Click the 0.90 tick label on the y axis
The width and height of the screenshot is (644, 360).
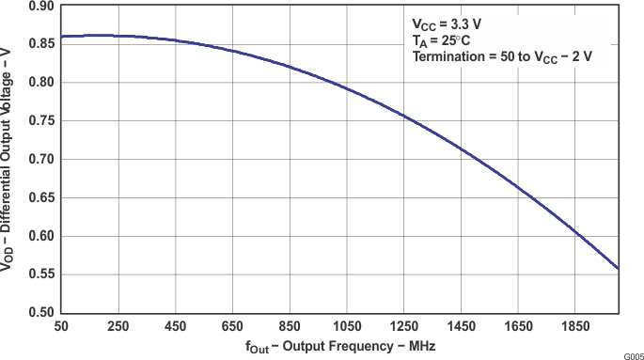(x=40, y=6)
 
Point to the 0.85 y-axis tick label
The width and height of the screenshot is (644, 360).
(x=40, y=44)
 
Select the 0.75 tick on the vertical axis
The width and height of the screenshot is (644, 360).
(x=40, y=121)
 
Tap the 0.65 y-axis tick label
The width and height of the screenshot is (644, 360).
(x=40, y=197)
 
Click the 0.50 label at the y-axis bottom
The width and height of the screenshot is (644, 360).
(x=40, y=312)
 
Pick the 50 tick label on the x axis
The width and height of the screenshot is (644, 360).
(x=61, y=326)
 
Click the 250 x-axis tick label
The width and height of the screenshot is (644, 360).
(x=118, y=326)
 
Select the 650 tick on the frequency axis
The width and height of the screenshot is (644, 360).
(x=232, y=326)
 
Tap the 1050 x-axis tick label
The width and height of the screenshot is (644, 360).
(x=347, y=326)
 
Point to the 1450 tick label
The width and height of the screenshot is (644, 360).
(x=461, y=326)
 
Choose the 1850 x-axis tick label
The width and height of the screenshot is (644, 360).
(x=575, y=326)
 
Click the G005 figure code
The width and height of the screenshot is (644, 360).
(x=632, y=355)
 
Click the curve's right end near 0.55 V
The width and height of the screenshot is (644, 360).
(x=618, y=268)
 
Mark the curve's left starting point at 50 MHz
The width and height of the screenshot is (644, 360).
(x=61, y=37)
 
